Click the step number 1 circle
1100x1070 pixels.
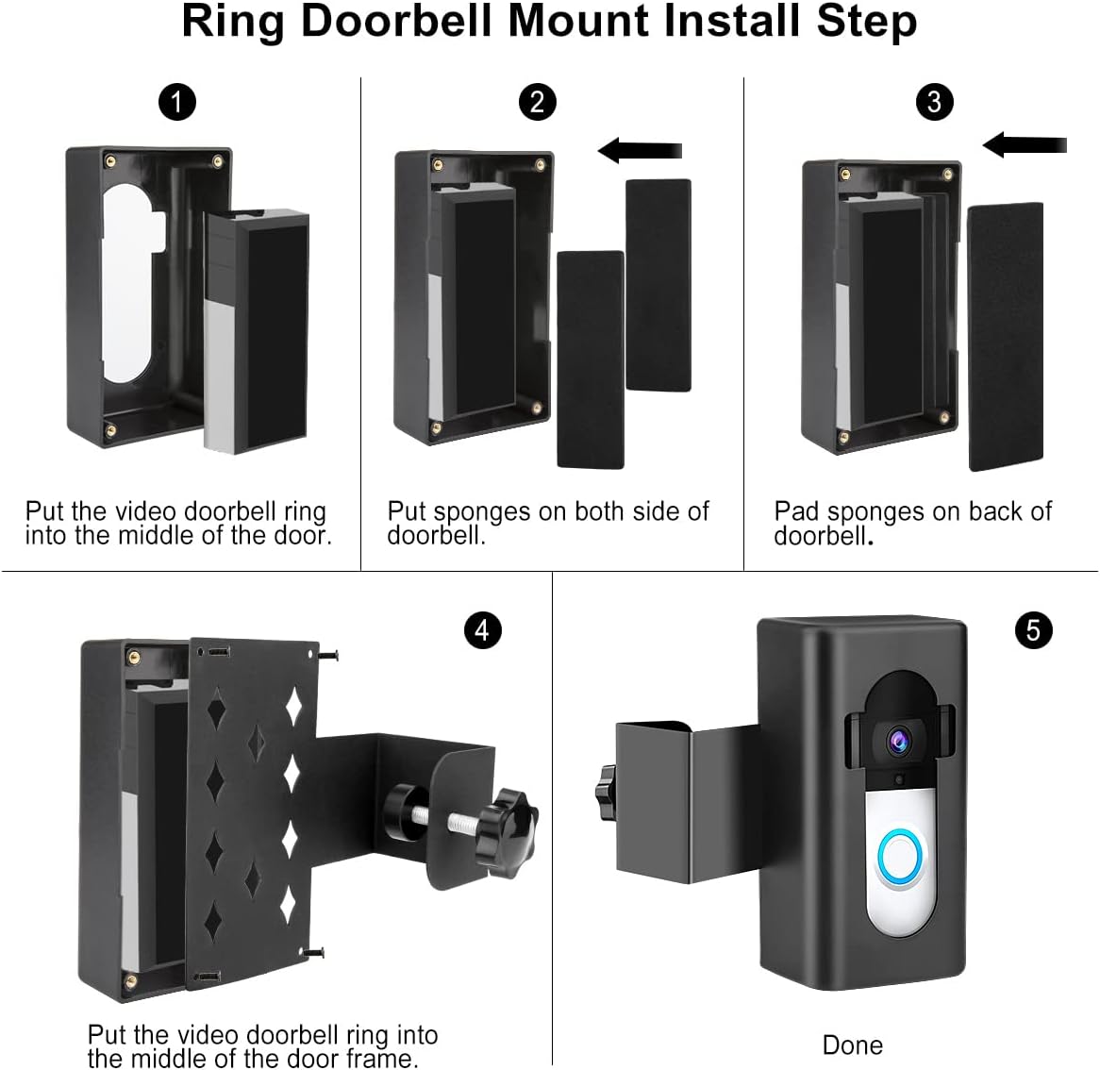[x=177, y=102]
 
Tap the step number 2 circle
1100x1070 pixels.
[x=538, y=102]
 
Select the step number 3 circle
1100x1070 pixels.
[x=934, y=102]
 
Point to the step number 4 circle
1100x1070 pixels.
[x=482, y=629]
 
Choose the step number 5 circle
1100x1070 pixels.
[x=1033, y=629]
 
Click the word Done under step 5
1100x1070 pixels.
[x=853, y=1045]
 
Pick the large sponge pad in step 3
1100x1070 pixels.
[x=1006, y=336]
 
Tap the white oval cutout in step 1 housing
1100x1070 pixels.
[x=127, y=283]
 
